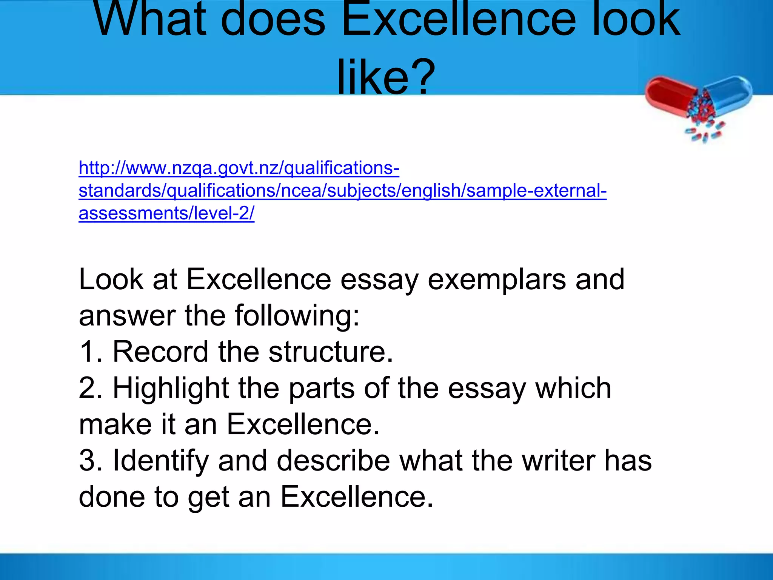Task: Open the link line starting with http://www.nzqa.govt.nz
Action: (x=239, y=168)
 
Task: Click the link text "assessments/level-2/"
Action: (x=166, y=213)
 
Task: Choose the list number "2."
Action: (x=91, y=388)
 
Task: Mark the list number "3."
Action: (x=91, y=461)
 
